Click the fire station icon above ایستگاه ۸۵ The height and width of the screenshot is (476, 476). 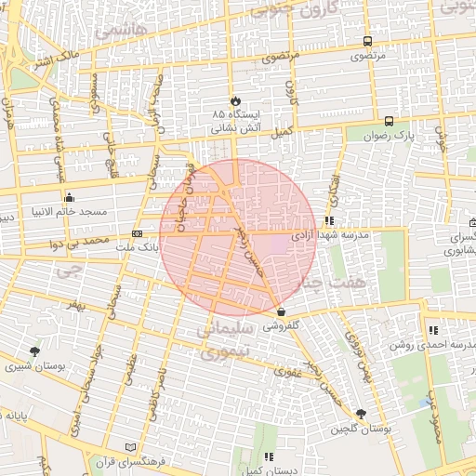(234, 100)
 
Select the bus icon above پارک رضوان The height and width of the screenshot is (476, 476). (389, 121)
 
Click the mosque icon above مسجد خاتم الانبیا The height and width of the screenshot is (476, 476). (69, 197)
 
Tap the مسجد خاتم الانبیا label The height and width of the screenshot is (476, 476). (69, 212)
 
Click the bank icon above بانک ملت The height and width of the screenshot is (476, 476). (138, 234)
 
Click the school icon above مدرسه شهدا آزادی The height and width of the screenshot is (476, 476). (329, 221)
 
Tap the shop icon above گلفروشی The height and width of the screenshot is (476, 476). (281, 312)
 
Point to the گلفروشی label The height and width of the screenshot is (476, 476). (281, 326)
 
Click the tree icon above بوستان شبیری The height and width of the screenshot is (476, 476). (35, 351)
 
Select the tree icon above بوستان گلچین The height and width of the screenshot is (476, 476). (361, 414)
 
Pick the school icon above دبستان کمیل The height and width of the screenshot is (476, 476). (268, 456)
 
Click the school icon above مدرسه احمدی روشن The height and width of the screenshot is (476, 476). (433, 330)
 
